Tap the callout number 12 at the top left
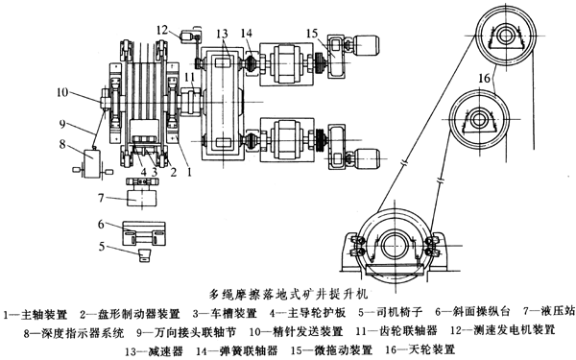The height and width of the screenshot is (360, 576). coord(161,29)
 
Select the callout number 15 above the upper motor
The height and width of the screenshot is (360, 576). coord(312,34)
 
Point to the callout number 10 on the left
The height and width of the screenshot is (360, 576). coord(61,93)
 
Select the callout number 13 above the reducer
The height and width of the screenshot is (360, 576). coord(223,34)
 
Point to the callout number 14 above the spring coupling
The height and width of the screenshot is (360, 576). coord(247,34)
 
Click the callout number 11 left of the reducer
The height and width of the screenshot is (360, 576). coord(190,76)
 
